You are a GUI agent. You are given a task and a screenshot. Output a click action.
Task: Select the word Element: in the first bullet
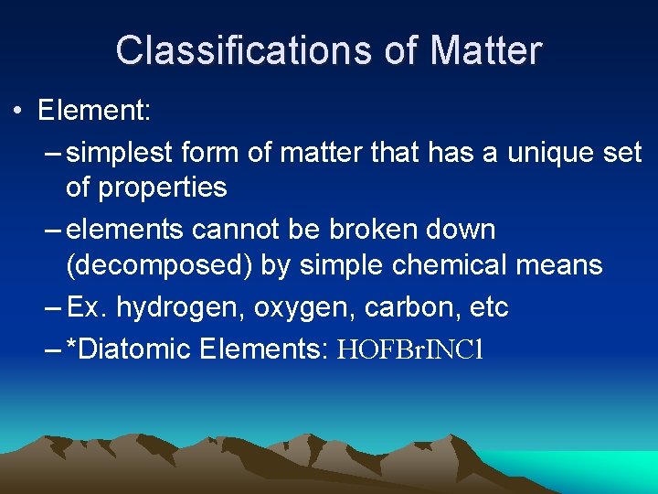94,112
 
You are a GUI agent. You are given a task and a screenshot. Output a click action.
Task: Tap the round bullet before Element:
17,113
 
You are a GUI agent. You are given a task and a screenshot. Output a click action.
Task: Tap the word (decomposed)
160,265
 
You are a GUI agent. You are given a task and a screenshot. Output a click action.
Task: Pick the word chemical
451,265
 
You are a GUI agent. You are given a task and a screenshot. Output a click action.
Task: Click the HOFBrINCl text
409,349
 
